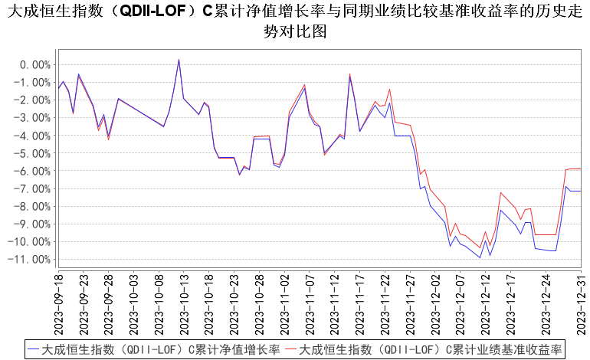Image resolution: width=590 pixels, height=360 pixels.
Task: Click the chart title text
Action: point(295,21)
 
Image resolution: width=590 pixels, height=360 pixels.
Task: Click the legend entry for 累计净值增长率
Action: point(153,349)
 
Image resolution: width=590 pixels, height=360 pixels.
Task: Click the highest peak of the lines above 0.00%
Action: point(179,59)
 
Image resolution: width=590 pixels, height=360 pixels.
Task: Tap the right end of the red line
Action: point(581,169)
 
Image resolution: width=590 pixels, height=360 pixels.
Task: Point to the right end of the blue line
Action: point(581,191)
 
